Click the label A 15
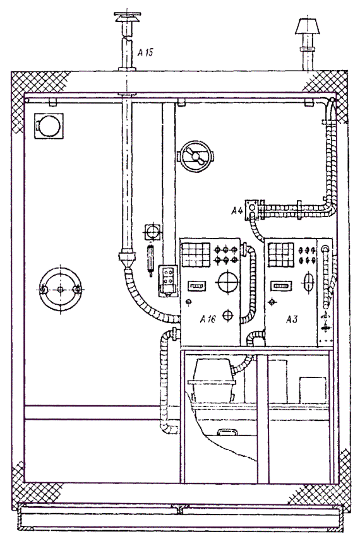coord(145,52)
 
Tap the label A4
coord(237,211)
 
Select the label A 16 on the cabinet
coord(208,319)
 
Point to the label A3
coord(292,319)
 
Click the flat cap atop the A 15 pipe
coord(127,18)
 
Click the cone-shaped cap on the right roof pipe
coord(308,26)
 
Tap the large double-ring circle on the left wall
coord(60,289)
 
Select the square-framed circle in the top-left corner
coord(49,126)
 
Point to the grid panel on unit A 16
coord(196,254)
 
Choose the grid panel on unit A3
coord(280,255)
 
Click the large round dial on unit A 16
coord(227,282)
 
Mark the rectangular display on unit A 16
coord(197,286)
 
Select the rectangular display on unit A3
coord(281,286)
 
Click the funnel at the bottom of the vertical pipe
coord(126,259)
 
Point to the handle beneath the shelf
coord(227,432)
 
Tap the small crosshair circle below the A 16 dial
coord(228,315)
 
